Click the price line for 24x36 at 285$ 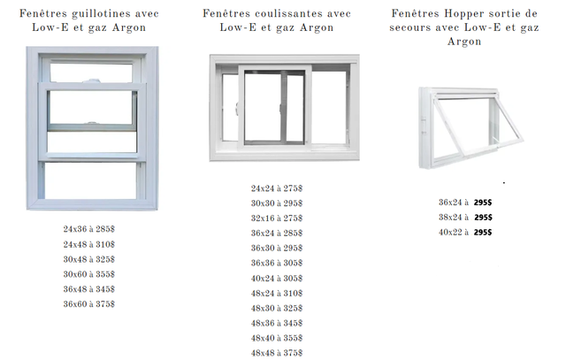(88, 229)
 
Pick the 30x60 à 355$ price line (88, 274)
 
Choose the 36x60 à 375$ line (88, 304)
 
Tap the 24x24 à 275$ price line (277, 188)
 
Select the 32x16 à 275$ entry (277, 218)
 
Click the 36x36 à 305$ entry (277, 264)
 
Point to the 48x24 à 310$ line (277, 294)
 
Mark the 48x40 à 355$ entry (277, 339)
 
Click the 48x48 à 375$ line (277, 353)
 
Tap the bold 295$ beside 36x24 (483, 203)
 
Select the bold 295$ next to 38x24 (484, 218)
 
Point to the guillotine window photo (92, 128)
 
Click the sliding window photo (285, 108)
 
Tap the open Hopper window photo (470, 128)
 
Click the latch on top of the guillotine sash (92, 80)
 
